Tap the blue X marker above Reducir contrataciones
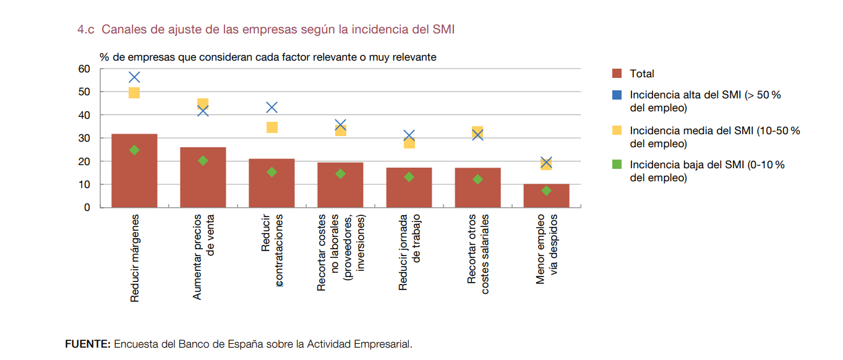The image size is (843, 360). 272,108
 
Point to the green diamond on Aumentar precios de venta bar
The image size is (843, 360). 203,161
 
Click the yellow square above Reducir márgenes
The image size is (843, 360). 134,93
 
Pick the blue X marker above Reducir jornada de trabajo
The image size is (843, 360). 409,135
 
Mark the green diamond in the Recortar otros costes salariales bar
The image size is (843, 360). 477,179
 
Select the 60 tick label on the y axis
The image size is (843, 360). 84,69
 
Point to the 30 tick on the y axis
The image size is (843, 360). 84,139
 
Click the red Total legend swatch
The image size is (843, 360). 617,74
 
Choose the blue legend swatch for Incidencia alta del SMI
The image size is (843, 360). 617,95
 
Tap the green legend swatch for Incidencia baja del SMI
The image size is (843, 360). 617,165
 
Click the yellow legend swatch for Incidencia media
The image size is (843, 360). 617,131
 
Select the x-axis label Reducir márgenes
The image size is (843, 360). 135,258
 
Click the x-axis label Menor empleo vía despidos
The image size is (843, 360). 547,249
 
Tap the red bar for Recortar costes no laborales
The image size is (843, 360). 340,185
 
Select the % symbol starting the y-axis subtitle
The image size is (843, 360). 104,58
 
